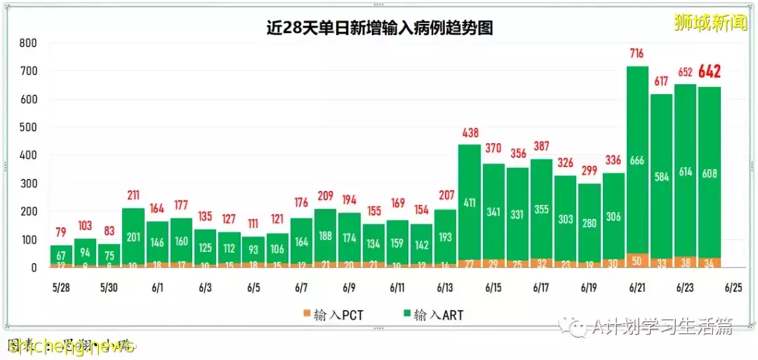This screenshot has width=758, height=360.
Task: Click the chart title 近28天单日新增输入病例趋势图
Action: coord(379,27)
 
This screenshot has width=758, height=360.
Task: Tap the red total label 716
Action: coord(637,53)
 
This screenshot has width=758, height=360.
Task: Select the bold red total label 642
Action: coord(708,72)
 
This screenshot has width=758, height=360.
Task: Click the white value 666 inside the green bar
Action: coord(637,161)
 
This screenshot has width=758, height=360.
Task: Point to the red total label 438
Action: coord(470,132)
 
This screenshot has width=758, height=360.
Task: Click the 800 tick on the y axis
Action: coord(28,43)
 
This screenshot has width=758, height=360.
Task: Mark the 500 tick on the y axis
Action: coord(28,127)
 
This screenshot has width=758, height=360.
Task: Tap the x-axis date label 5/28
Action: coord(60,288)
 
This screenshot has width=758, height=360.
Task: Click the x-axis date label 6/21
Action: coord(637,288)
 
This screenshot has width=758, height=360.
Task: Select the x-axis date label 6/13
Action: coord(445,288)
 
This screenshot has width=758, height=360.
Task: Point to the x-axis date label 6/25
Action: coord(733,288)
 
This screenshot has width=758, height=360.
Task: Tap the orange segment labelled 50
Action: coord(637,260)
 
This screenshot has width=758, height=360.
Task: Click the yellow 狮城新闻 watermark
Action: coord(710,22)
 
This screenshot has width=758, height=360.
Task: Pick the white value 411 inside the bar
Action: coord(470,204)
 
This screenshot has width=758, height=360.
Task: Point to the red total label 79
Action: coord(61,232)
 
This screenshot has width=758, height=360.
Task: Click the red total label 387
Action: coord(541,146)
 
